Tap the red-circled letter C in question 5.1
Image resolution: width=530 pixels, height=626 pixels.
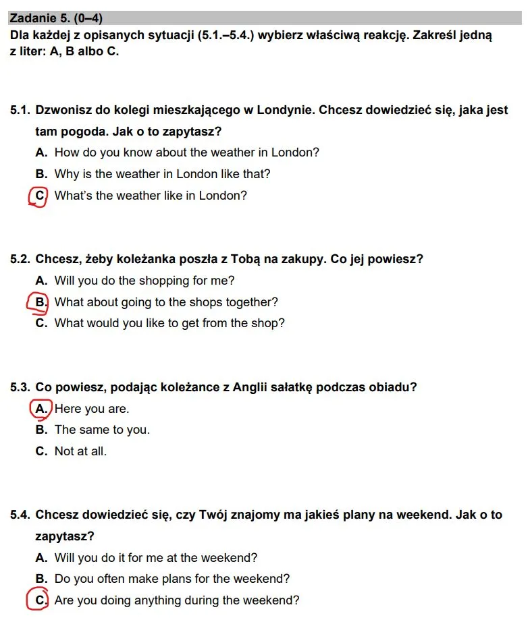click(40, 196)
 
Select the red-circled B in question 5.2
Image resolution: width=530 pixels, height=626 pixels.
click(40, 302)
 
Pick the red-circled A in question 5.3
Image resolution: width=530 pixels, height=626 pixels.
click(41, 409)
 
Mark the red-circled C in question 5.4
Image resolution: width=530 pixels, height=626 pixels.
click(40, 600)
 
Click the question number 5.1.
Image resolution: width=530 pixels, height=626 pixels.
click(20, 110)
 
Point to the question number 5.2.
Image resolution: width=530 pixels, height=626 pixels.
click(20, 259)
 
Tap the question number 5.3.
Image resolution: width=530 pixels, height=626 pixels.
click(20, 387)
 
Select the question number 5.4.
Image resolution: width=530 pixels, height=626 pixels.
click(20, 515)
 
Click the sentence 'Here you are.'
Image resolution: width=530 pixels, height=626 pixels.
click(92, 409)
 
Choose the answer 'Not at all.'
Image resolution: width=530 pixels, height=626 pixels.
click(80, 451)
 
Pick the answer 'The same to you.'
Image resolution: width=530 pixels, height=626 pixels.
click(102, 430)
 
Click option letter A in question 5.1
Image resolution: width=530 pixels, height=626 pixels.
click(41, 152)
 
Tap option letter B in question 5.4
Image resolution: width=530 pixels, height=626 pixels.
click(41, 579)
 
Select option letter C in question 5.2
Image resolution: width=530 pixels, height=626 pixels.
click(41, 323)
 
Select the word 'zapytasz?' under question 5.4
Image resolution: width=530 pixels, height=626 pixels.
click(65, 537)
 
